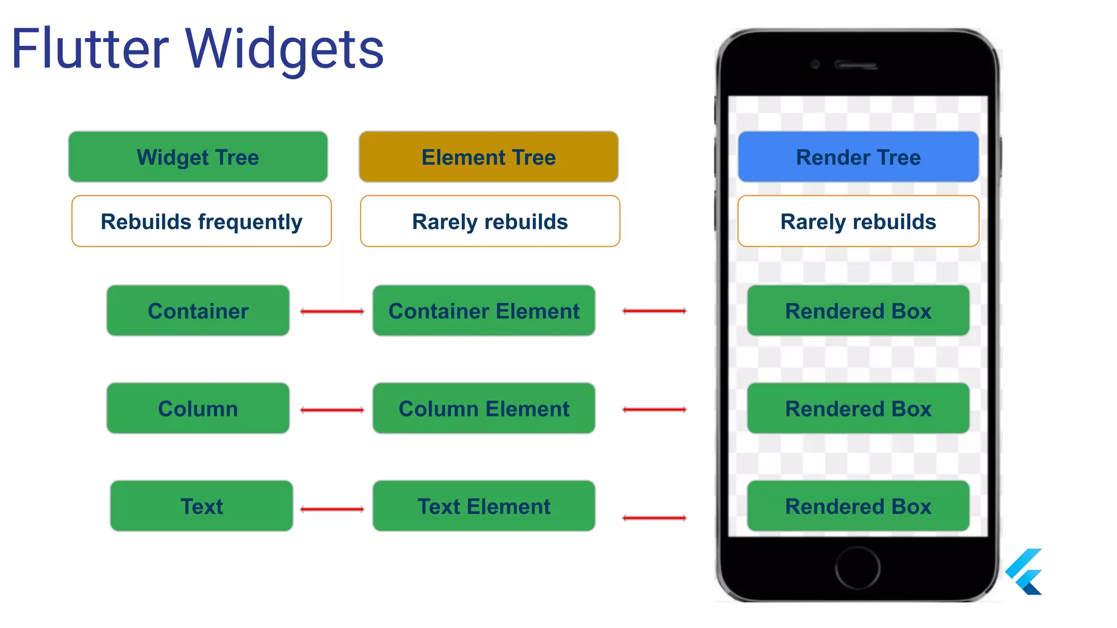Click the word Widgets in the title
point(285,50)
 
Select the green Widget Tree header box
point(198,157)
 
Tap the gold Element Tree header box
point(489,157)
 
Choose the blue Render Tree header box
point(858,157)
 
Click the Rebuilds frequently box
point(201,221)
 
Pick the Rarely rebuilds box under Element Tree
point(490,221)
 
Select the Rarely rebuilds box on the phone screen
point(858,221)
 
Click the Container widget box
point(198,311)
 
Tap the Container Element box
point(484,311)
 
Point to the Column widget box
point(198,408)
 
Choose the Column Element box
point(484,408)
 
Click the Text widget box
point(201,506)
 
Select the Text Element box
point(484,506)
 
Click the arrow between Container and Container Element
point(332,311)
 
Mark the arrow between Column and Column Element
point(332,410)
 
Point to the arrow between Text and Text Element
point(332,509)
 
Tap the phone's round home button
point(857,567)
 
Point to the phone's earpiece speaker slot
point(856,65)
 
